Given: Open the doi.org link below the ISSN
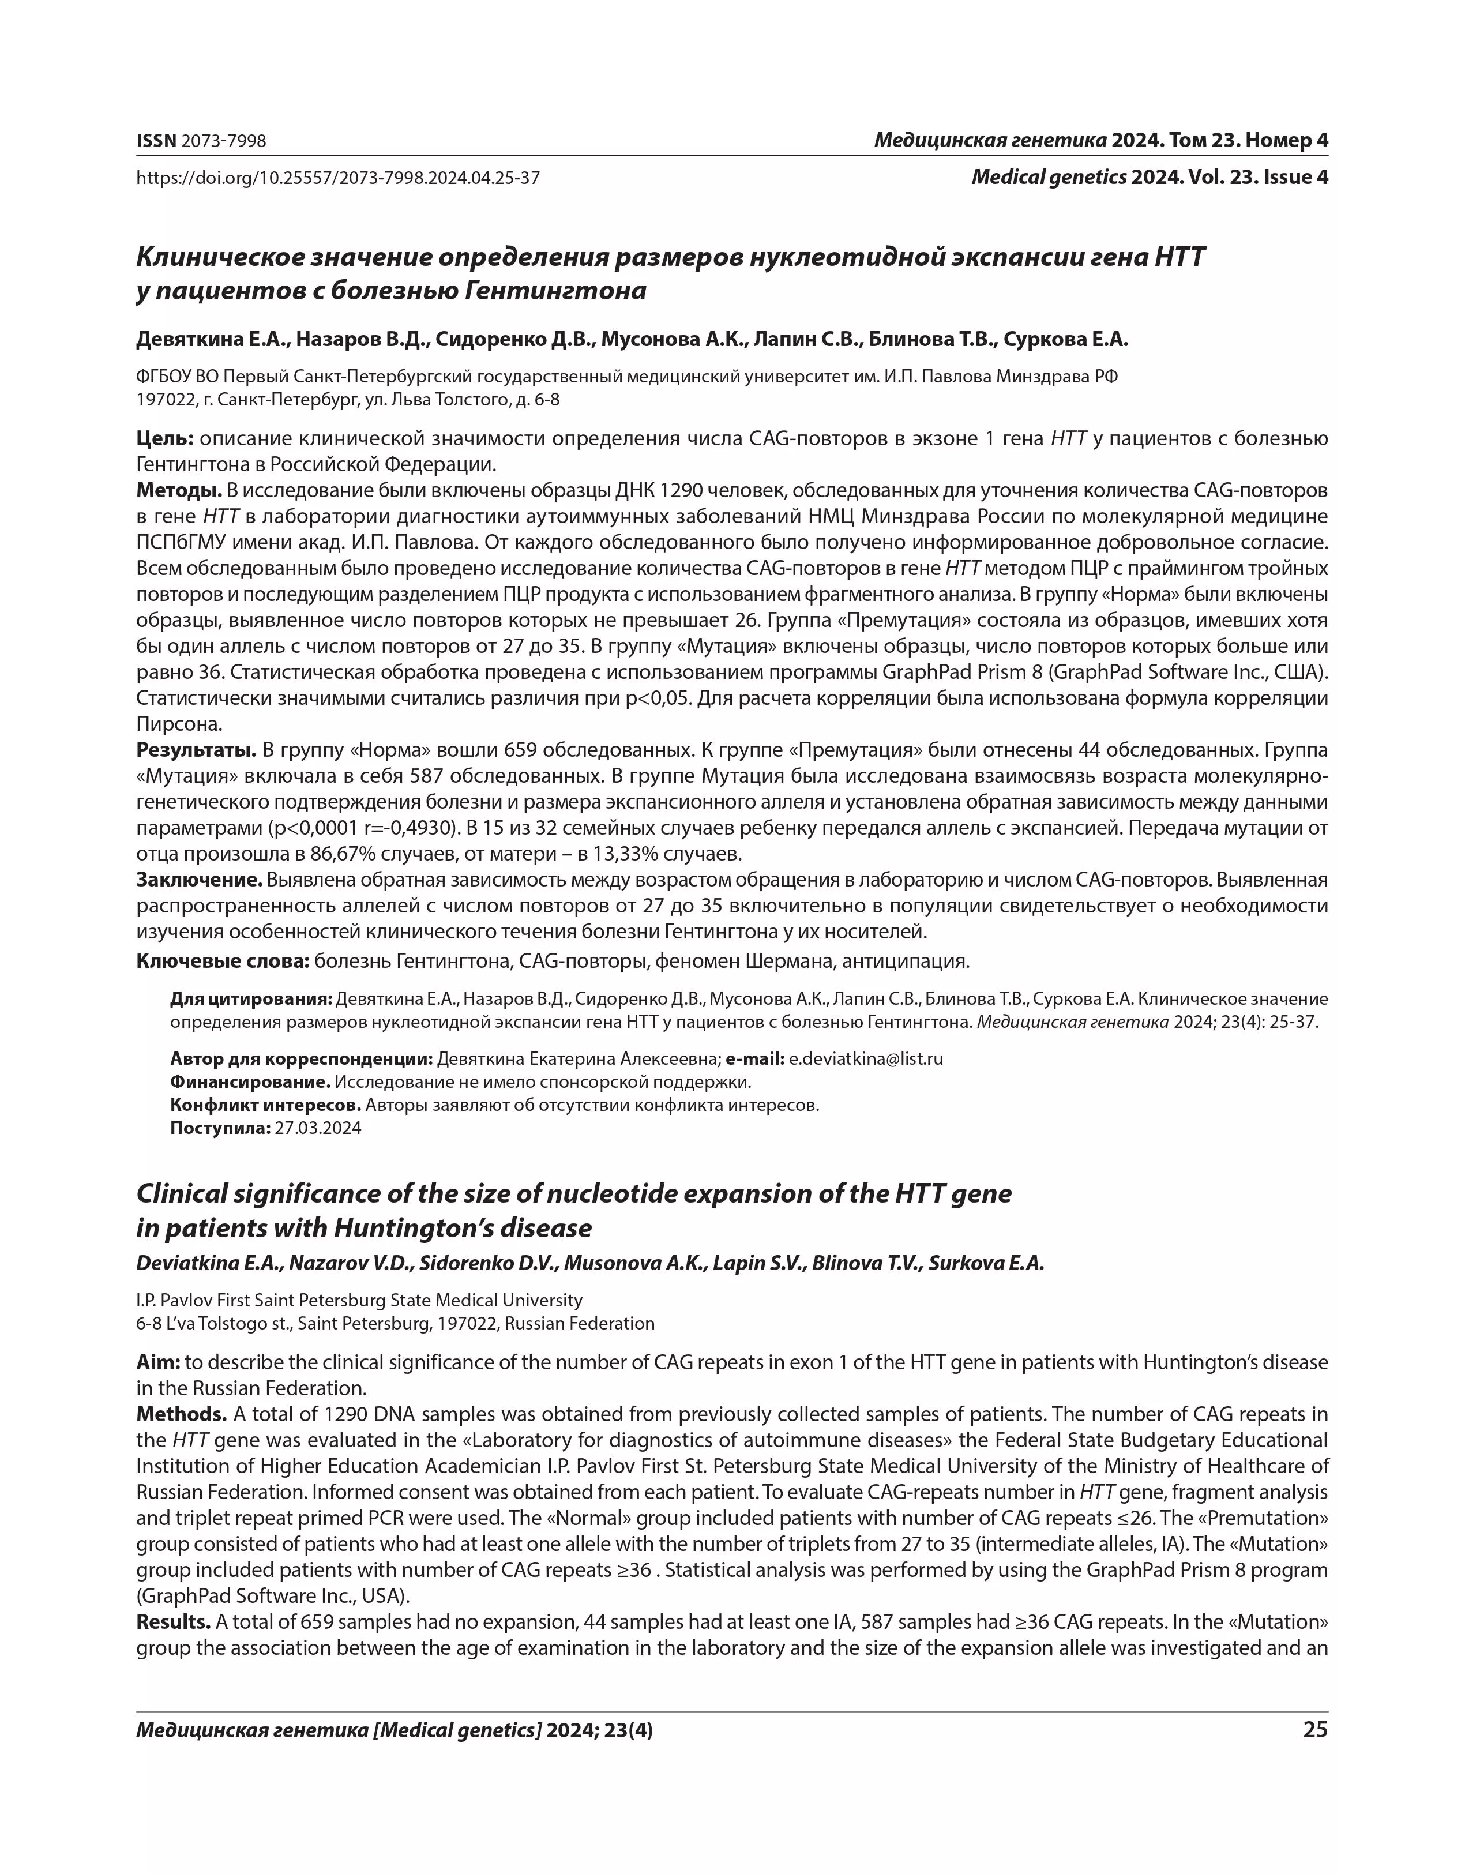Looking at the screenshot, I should pos(337,178).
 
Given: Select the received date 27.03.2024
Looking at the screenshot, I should pos(318,1128).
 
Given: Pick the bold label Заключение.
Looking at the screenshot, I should pos(199,880).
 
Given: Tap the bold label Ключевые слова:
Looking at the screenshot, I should pos(222,961).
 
